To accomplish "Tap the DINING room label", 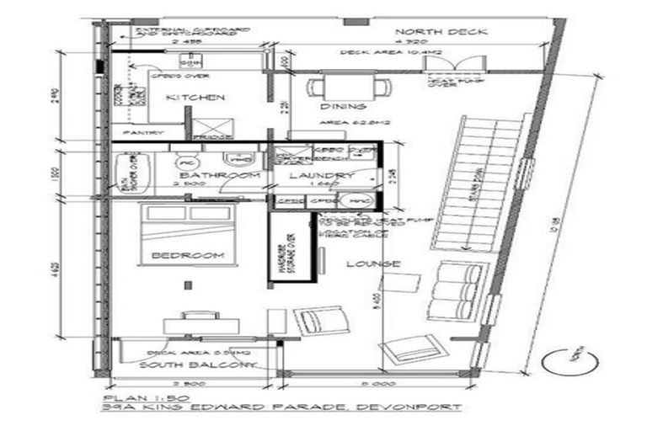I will coord(343,107).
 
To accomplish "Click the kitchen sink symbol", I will coord(190,61).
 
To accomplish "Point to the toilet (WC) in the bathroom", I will coord(186,159).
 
